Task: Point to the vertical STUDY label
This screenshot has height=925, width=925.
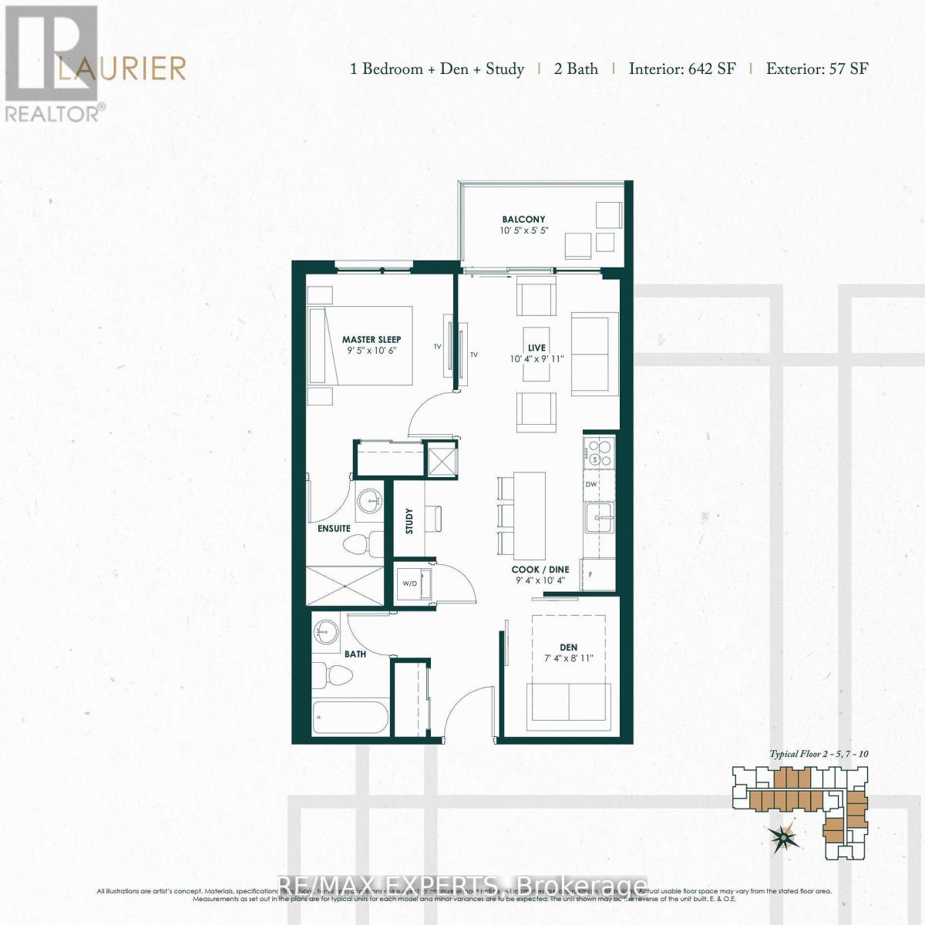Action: click(x=409, y=521)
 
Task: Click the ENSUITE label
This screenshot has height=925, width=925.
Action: click(x=334, y=529)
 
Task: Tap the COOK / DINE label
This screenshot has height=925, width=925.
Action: click(x=540, y=570)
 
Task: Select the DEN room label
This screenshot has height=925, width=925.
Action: click(x=569, y=647)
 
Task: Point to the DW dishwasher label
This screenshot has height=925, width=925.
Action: click(x=592, y=485)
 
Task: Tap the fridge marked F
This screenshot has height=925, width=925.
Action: click(x=598, y=575)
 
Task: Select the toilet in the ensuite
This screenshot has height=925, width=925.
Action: click(x=357, y=544)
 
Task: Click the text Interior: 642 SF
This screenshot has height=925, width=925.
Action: click(x=681, y=69)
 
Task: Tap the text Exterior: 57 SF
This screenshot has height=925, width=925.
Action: click(x=817, y=69)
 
